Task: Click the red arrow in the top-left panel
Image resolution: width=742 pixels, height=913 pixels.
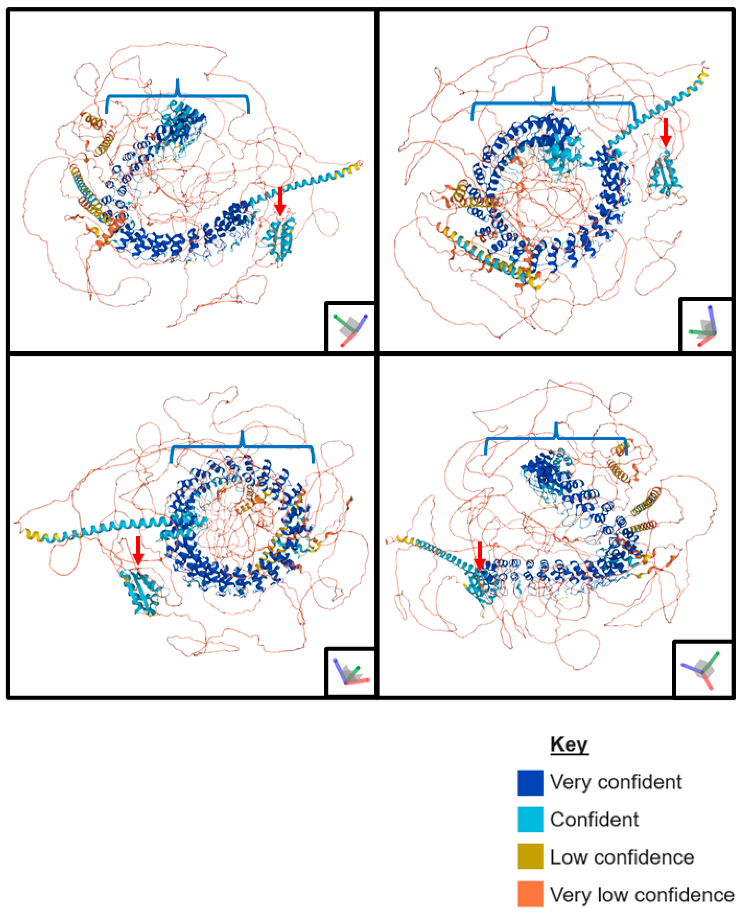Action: (280, 201)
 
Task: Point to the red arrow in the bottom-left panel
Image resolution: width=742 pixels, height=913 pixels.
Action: (138, 550)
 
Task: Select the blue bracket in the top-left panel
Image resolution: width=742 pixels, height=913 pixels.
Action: (177, 97)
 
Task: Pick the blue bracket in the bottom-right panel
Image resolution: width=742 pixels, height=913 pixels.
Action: (556, 438)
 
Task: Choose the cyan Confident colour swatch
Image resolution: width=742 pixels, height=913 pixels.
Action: (530, 819)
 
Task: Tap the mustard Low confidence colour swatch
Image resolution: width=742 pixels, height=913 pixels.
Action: (530, 856)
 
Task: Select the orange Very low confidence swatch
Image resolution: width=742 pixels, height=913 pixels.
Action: (530, 893)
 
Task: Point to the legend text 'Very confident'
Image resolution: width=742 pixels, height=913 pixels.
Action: (616, 782)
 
